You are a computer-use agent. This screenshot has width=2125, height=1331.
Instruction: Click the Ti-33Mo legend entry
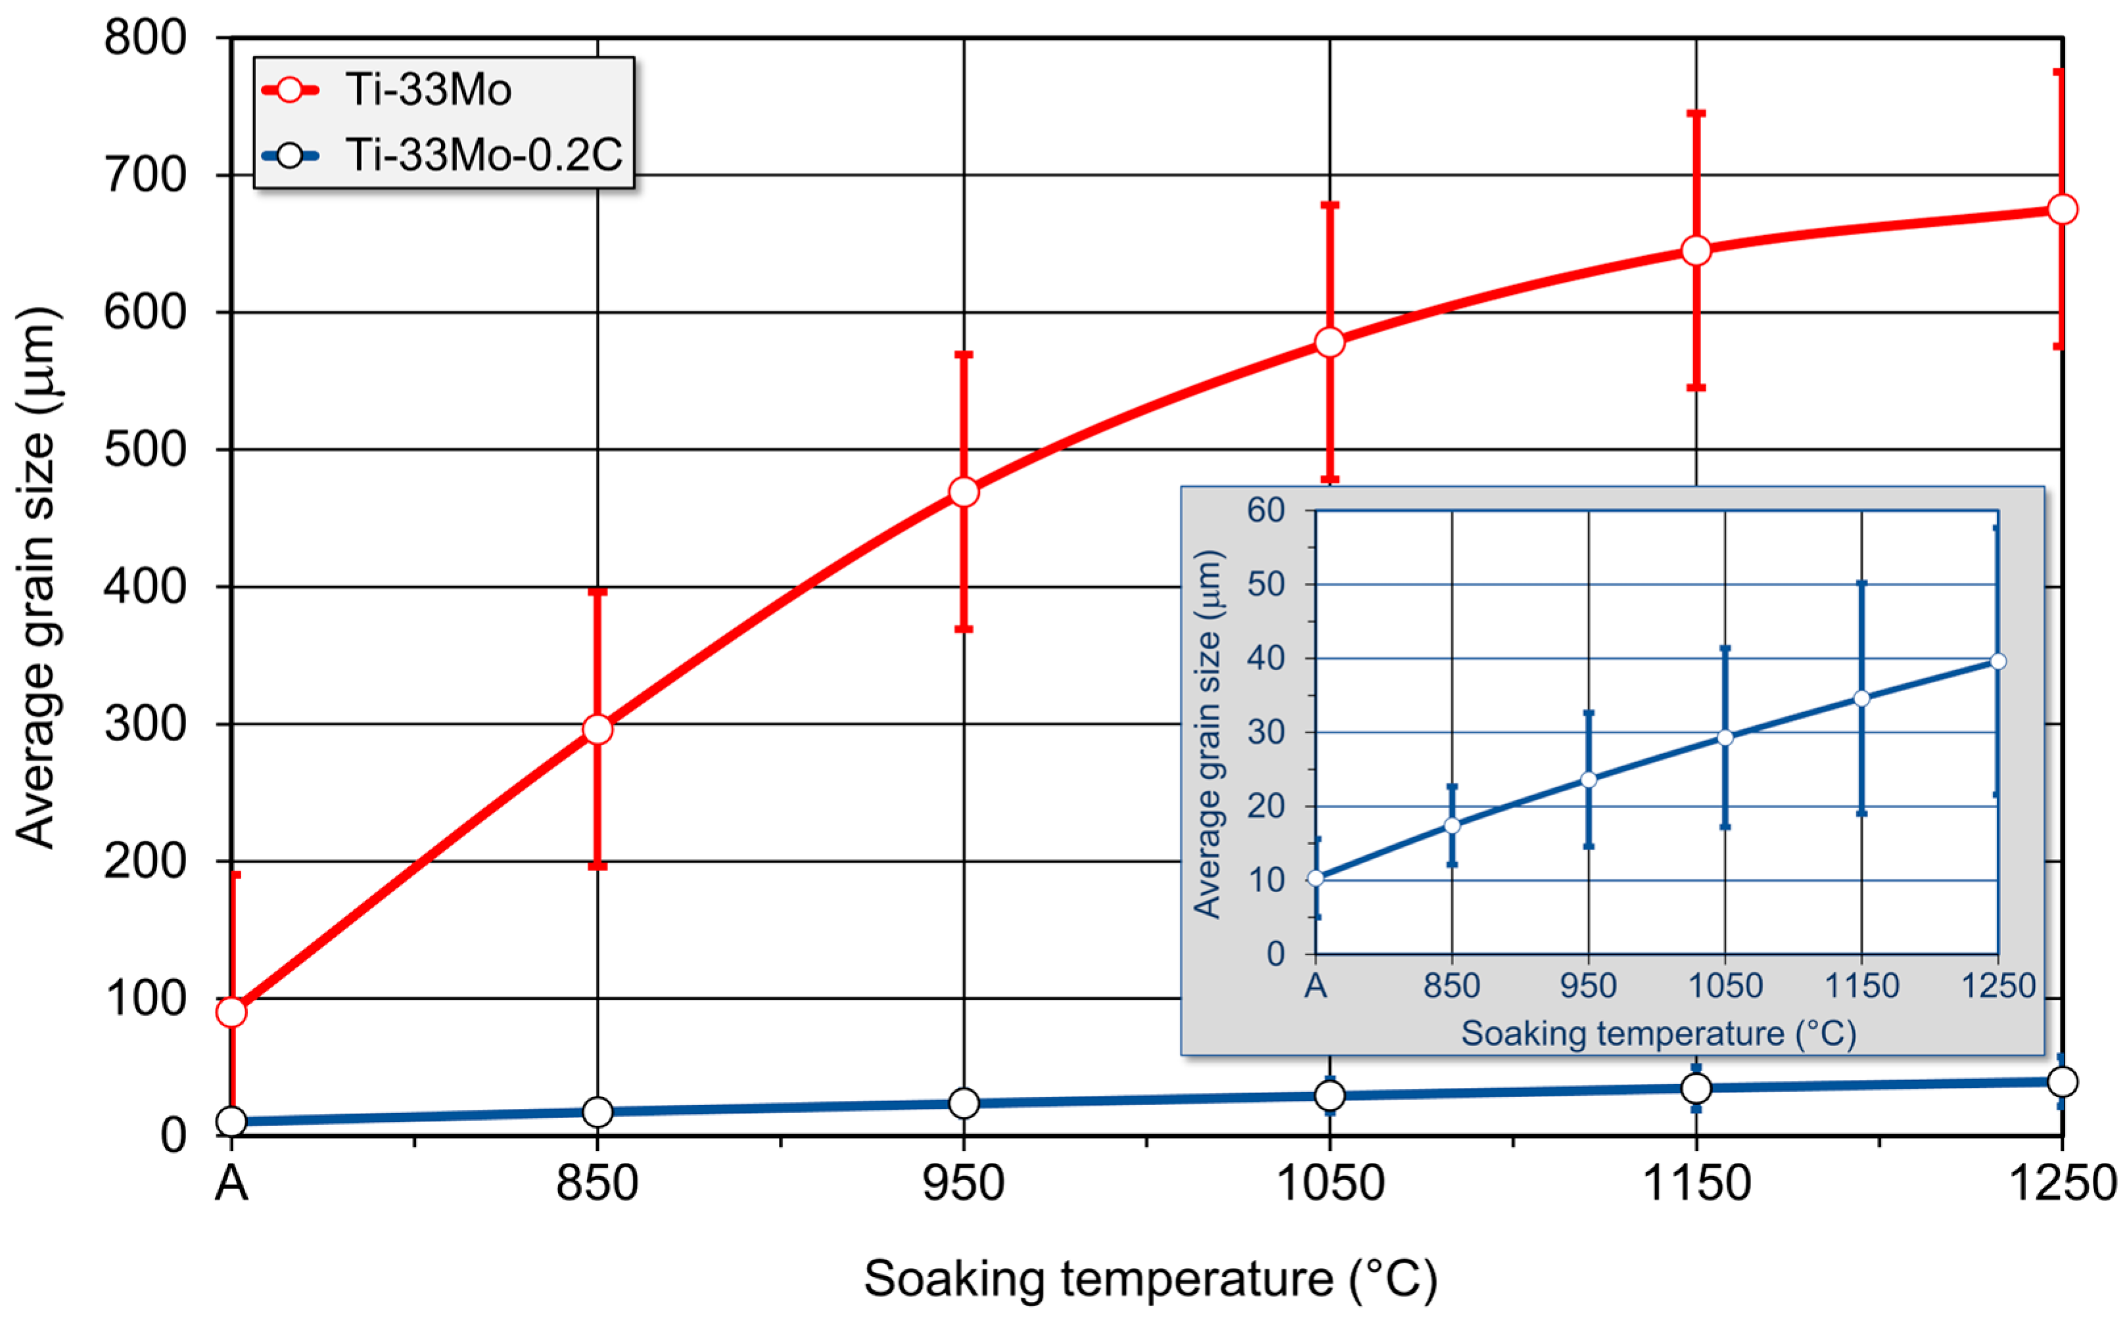(427, 90)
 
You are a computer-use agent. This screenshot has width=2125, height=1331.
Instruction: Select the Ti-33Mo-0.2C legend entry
(482, 156)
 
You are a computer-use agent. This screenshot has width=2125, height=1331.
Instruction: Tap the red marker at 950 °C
(964, 492)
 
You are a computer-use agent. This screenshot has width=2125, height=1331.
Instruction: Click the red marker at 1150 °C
(1695, 251)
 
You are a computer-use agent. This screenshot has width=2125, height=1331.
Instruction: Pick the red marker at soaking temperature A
(231, 1012)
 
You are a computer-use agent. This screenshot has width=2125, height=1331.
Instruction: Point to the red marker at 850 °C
(597, 730)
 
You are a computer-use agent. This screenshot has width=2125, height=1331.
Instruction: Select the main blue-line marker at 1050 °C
(1329, 1095)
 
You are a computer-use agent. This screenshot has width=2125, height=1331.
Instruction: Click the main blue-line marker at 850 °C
(597, 1112)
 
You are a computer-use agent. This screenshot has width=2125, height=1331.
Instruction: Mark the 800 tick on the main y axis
(145, 39)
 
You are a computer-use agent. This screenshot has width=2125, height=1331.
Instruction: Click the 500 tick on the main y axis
(145, 450)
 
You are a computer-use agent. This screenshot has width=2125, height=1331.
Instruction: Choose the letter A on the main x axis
(231, 1183)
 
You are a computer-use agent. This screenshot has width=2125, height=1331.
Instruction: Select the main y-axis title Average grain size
(37, 577)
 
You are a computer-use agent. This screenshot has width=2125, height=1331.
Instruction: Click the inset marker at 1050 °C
(1724, 738)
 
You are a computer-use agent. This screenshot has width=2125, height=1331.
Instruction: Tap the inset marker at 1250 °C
(1997, 661)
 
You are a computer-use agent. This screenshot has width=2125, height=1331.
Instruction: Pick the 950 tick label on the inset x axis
(1588, 985)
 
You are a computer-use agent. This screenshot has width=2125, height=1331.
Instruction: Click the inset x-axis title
(1658, 1033)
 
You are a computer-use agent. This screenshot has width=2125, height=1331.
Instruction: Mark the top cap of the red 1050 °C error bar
(1329, 205)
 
